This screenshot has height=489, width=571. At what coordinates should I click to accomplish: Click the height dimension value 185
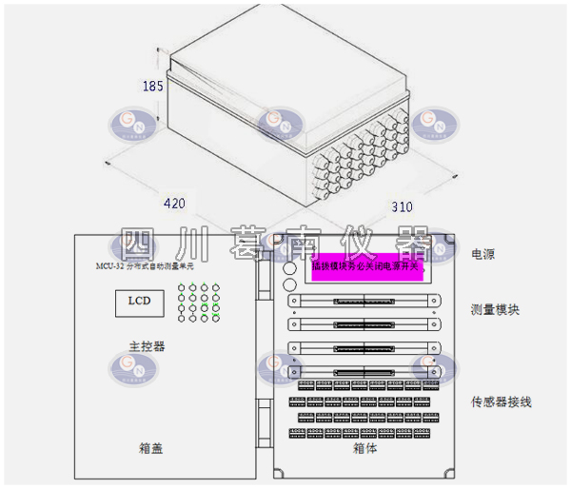tap(152, 87)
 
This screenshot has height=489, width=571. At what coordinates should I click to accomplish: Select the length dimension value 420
tap(173, 203)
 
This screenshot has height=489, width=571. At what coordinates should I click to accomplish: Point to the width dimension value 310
tap(404, 206)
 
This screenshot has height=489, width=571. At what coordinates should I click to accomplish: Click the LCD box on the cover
tap(133, 303)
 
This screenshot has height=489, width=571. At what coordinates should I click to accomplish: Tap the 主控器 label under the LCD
tap(147, 345)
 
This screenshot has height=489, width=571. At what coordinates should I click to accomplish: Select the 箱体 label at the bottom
tap(365, 447)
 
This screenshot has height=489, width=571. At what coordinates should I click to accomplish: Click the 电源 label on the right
tap(483, 255)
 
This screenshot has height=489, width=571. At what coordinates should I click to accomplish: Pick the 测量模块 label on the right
tap(495, 310)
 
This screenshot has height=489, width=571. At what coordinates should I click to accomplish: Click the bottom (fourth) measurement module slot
tap(364, 369)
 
